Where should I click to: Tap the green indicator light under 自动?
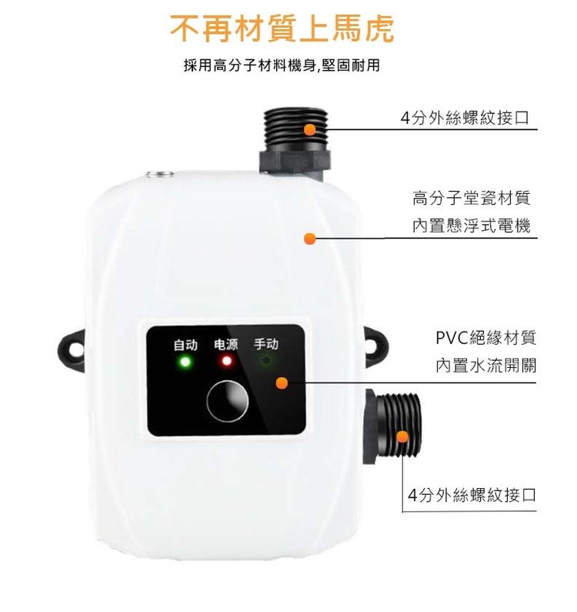point(185,361)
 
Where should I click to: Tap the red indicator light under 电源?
point(226,361)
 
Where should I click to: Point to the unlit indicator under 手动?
point(266,361)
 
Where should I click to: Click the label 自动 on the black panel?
point(185,344)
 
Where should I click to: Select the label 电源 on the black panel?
point(226,344)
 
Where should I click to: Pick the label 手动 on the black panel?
point(266,344)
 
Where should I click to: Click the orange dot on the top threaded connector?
point(310,130)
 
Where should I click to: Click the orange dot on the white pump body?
point(309,239)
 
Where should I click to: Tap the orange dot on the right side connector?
point(402,437)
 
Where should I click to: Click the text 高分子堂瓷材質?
point(471,199)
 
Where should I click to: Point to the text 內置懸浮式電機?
point(471,226)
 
